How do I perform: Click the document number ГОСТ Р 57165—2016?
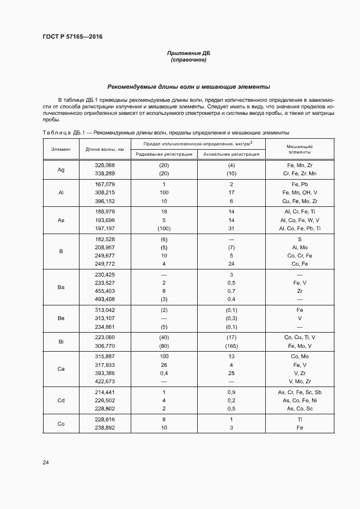72,37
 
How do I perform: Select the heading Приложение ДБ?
188,53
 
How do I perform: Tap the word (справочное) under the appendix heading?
188,60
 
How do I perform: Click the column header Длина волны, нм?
105,149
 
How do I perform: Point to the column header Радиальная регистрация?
164,154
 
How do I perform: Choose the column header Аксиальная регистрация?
231,154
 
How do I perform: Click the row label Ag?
61,169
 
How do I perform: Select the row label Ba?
61,287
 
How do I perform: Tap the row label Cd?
61,400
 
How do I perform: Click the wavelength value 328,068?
105,165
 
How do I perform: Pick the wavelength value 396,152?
105,201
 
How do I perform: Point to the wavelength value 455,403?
105,291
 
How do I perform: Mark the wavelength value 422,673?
105,382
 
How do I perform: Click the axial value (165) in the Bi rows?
231,346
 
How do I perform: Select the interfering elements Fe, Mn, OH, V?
300,193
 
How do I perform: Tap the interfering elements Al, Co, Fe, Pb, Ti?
300,229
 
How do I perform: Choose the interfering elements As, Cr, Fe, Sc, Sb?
300,392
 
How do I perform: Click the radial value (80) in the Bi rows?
164,346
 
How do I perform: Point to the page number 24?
45,463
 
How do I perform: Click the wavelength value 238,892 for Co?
105,428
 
